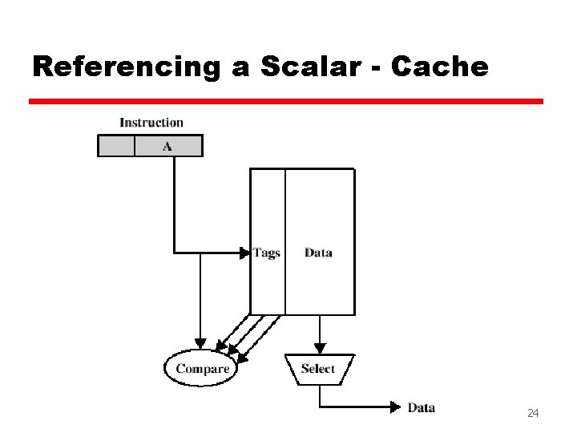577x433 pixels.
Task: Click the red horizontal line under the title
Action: [x=285, y=102]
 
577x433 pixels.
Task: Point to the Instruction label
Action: [x=151, y=123]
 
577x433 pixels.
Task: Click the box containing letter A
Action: [x=168, y=146]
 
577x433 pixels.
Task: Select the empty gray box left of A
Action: [x=116, y=146]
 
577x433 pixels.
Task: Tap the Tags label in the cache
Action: [x=266, y=253]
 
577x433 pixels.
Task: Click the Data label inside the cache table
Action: [x=318, y=253]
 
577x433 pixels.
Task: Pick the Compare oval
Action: [x=203, y=370]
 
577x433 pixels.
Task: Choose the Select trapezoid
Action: [x=318, y=369]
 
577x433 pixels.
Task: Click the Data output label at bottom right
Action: [x=422, y=407]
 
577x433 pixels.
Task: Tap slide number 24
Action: [x=532, y=413]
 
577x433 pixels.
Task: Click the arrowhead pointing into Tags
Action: [x=245, y=253]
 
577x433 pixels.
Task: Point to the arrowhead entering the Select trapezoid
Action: [x=320, y=349]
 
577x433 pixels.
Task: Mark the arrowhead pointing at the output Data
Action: [x=395, y=407]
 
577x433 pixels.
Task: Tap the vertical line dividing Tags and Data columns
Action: [x=285, y=241]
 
